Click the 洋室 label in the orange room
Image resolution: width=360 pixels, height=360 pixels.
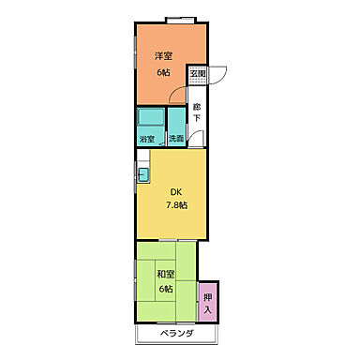tap(163, 56)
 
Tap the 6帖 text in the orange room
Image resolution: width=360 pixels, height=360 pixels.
tap(163, 72)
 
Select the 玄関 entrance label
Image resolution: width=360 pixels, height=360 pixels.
tap(198, 74)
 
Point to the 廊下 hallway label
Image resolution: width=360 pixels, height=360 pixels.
tap(197, 112)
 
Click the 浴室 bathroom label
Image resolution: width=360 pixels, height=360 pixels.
tap(147, 139)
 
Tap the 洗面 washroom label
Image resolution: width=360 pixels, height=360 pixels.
tap(176, 139)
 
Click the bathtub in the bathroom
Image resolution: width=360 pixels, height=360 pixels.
tap(151, 117)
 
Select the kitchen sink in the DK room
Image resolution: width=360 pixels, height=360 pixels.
tap(143, 174)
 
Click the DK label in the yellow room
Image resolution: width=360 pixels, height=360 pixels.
tap(176, 192)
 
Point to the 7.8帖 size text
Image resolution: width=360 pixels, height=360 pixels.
tap(176, 205)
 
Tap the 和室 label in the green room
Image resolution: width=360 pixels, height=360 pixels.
tap(166, 275)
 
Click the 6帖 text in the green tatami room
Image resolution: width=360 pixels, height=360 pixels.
tap(166, 289)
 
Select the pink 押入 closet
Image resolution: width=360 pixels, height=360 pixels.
tap(208, 302)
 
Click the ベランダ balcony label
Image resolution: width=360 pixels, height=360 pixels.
tap(177, 334)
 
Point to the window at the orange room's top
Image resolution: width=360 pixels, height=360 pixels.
tap(181, 20)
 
